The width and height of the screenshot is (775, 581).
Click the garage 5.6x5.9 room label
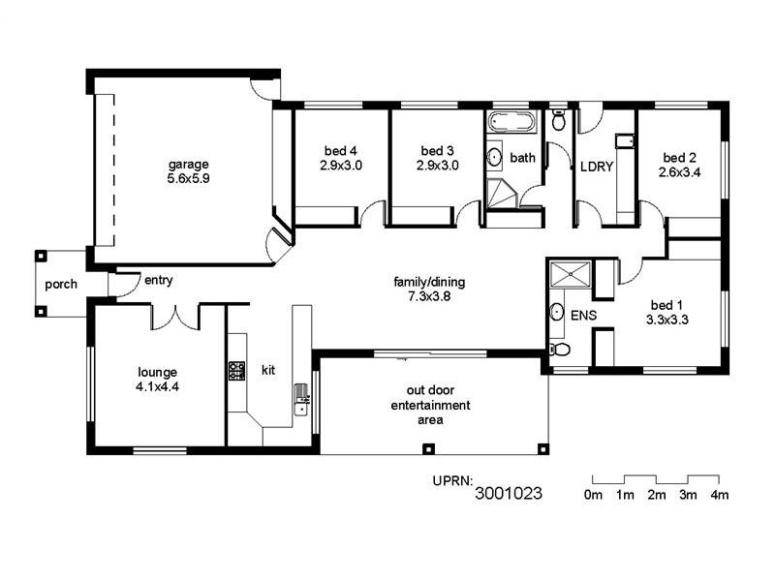click(x=188, y=171)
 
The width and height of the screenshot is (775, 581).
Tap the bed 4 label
click(x=341, y=158)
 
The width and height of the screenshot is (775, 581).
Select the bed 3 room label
click(x=437, y=158)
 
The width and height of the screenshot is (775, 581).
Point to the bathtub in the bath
click(x=510, y=123)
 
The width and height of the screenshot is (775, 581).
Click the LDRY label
click(x=597, y=167)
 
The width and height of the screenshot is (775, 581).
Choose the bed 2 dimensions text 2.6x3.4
click(x=679, y=172)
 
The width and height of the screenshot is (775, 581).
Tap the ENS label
click(x=584, y=316)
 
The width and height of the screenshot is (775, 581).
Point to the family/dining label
click(x=429, y=290)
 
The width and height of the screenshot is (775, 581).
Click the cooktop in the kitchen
click(x=236, y=370)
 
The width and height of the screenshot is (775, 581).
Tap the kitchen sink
click(x=301, y=401)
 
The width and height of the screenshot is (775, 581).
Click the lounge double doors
click(x=175, y=316)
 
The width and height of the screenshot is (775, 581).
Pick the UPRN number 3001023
click(x=509, y=493)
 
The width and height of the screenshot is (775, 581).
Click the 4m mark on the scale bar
click(x=719, y=495)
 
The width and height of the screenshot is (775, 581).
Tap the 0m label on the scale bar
click(x=593, y=495)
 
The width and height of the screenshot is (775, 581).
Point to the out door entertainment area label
click(x=431, y=406)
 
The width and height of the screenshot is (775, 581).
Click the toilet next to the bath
click(x=558, y=121)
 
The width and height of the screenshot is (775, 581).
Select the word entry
click(x=158, y=281)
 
